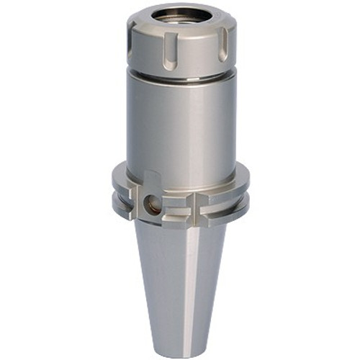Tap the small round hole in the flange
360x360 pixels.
153,206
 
